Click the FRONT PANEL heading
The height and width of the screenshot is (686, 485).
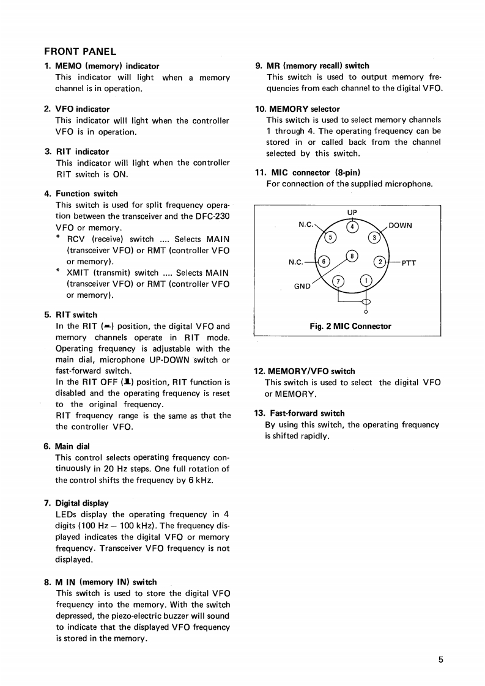click(x=80, y=51)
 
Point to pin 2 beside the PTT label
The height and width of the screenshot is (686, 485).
click(x=380, y=262)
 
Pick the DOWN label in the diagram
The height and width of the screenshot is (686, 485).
click(x=400, y=225)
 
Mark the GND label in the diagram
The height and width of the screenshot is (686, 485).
click(x=302, y=286)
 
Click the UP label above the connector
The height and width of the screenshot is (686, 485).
click(x=352, y=213)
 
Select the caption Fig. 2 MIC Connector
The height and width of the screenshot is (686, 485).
click(x=350, y=326)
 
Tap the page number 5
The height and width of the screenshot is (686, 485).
click(x=440, y=659)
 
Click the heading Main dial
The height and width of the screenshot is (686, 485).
click(x=72, y=446)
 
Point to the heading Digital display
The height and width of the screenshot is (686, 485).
click(x=82, y=503)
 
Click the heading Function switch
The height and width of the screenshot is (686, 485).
click(x=86, y=193)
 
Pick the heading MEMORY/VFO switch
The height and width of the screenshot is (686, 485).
click(x=309, y=371)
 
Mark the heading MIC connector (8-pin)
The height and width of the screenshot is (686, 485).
click(x=316, y=172)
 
